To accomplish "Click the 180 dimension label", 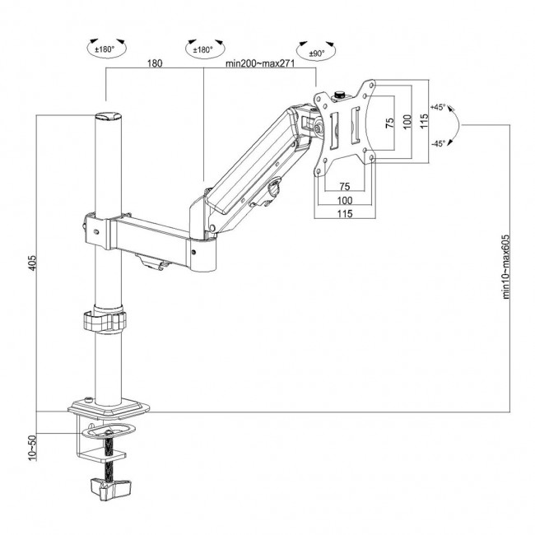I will click(x=154, y=63).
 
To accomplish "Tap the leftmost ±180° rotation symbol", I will click(x=106, y=49).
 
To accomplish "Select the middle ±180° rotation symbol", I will click(x=202, y=49).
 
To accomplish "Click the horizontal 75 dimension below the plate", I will click(x=344, y=186).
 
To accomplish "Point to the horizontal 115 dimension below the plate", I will click(x=344, y=214).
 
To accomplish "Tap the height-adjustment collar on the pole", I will click(x=106, y=320).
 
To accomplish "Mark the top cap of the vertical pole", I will click(x=107, y=119).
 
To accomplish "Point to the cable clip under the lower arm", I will click(x=151, y=263).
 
